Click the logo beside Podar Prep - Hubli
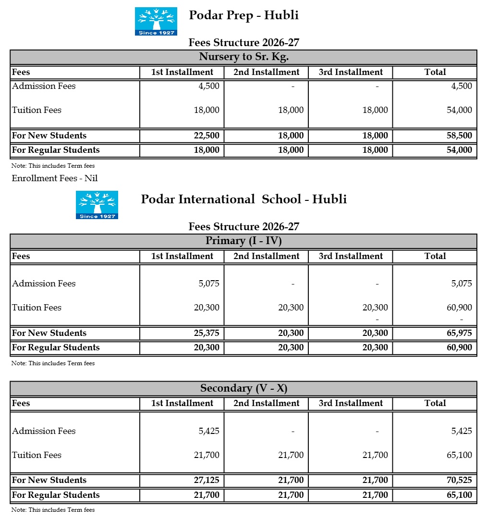pyautogui.click(x=156, y=21)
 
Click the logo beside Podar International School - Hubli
pyautogui.click(x=97, y=205)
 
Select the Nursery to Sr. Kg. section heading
pyautogui.click(x=243, y=57)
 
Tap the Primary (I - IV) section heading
pyautogui.click(x=243, y=241)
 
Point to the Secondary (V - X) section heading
pyautogui.click(x=243, y=388)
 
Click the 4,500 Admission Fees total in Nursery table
pyautogui.click(x=462, y=86)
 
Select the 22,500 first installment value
pyautogui.click(x=207, y=136)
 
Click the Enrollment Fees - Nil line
pyautogui.click(x=55, y=178)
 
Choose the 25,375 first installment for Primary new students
pyautogui.click(x=207, y=333)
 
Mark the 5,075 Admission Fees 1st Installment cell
pyautogui.click(x=209, y=284)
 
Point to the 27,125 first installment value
pyautogui.click(x=207, y=480)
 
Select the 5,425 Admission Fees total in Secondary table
pyautogui.click(x=462, y=431)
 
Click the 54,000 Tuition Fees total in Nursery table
pyautogui.click(x=459, y=110)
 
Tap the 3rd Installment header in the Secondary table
pyautogui.click(x=351, y=403)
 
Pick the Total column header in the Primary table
pyautogui.click(x=435, y=256)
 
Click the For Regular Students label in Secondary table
pyautogui.click(x=56, y=495)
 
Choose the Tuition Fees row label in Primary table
pyautogui.click(x=37, y=308)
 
